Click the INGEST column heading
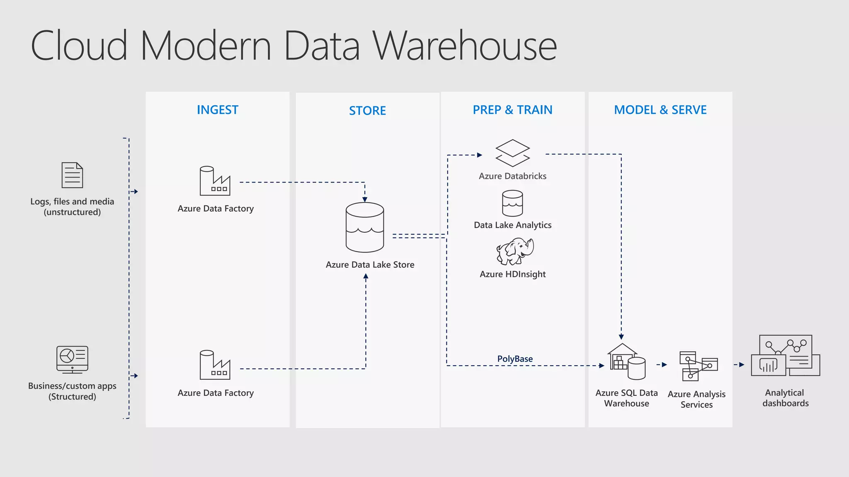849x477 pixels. tap(217, 110)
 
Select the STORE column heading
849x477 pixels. tap(367, 111)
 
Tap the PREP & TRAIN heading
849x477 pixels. tap(512, 110)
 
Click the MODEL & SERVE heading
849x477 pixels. tap(660, 110)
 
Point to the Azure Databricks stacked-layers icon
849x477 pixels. tap(512, 153)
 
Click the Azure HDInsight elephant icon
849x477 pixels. tap(515, 251)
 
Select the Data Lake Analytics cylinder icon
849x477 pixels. tap(512, 203)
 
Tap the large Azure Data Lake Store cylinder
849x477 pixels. tap(365, 227)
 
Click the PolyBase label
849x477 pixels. tap(515, 359)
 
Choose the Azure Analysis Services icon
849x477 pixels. tap(698, 366)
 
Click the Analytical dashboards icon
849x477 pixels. tap(785, 356)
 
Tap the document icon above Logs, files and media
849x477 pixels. tap(72, 175)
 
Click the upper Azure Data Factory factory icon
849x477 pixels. tap(214, 181)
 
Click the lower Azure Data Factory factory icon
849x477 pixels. tap(214, 365)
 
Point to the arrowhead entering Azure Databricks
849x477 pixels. tap(480, 155)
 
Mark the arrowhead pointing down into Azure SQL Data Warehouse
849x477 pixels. tap(621, 337)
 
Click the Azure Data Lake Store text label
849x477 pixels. tap(370, 265)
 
